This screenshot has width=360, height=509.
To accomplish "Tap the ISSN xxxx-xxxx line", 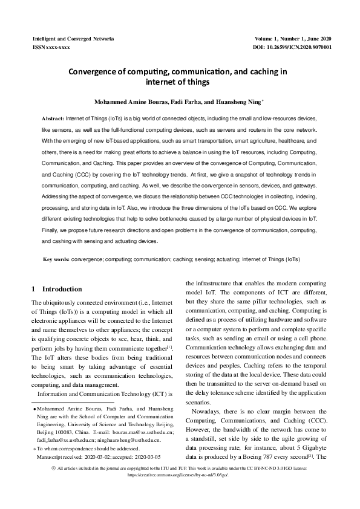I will pyautogui.click(x=51, y=47).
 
